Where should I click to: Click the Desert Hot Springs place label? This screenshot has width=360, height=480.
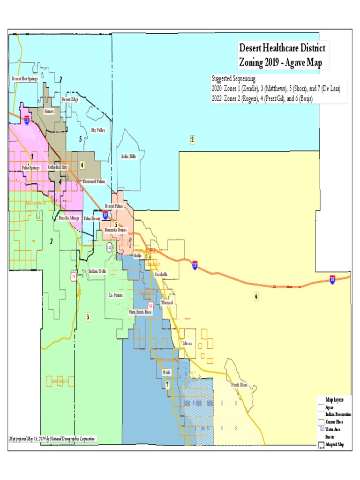pyautogui.click(x=25, y=79)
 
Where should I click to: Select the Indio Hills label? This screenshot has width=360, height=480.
pyautogui.click(x=128, y=157)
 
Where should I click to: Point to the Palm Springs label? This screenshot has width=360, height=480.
pyautogui.click(x=31, y=167)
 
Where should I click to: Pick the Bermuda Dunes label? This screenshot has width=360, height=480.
pyautogui.click(x=116, y=230)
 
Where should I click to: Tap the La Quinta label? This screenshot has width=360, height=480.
pyautogui.click(x=115, y=295)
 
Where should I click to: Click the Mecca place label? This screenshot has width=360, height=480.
pyautogui.click(x=188, y=343)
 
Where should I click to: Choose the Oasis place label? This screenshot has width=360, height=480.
pyautogui.click(x=166, y=372)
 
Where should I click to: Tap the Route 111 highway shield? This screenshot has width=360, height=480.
pyautogui.click(x=109, y=247)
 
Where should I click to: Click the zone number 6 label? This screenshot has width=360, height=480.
pyautogui.click(x=256, y=296)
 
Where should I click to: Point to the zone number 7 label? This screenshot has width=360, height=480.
pyautogui.click(x=167, y=385)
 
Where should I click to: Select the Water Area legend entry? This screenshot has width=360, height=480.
pyautogui.click(x=334, y=429)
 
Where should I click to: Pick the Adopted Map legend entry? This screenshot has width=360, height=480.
pyautogui.click(x=334, y=444)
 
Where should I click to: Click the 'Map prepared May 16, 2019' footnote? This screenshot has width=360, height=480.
pyautogui.click(x=52, y=438)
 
